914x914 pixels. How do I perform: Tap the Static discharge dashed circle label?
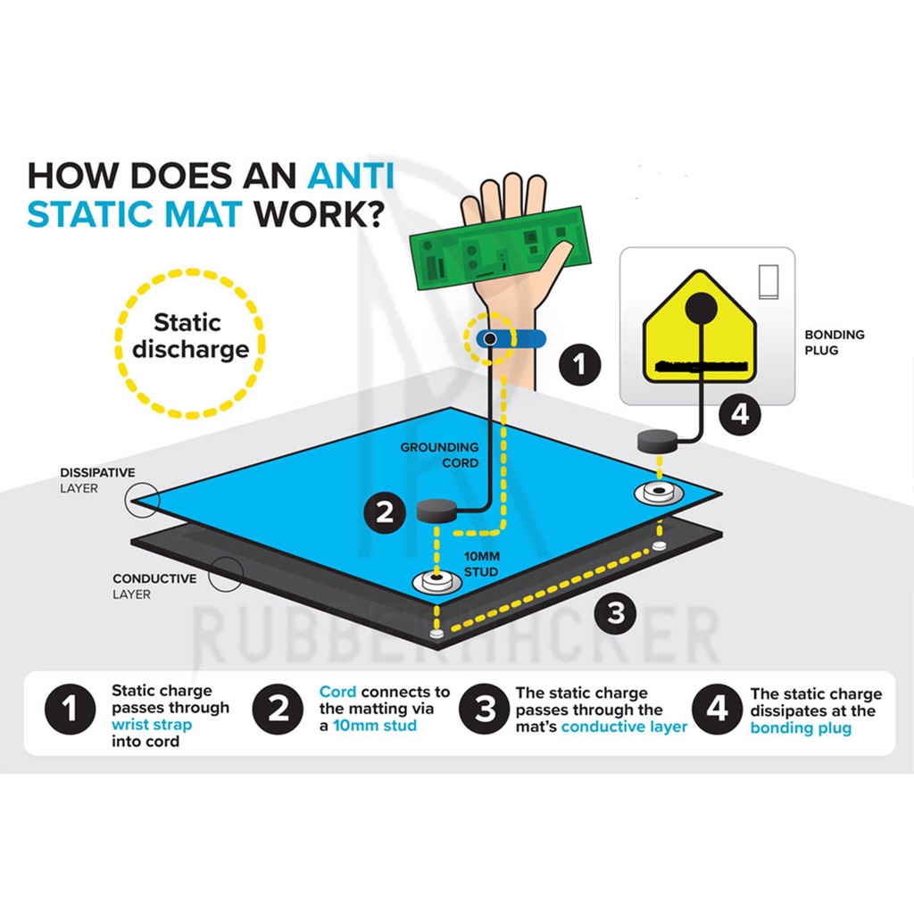pos(189,336)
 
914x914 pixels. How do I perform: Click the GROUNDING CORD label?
pos(439,454)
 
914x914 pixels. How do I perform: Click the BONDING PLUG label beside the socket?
pos(834,343)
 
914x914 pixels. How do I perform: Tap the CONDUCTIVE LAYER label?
pos(154,586)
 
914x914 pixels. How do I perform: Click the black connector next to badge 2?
pos(436,512)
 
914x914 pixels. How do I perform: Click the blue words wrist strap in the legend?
pos(152,725)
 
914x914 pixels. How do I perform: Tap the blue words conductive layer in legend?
pos(624,727)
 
